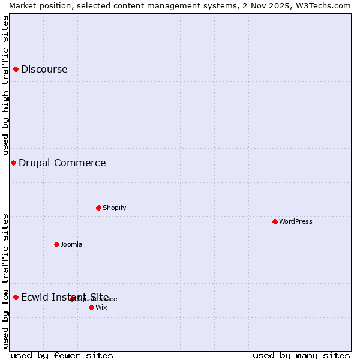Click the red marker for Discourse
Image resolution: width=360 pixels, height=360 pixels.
(x=16, y=70)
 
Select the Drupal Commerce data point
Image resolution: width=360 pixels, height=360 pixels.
(x=13, y=163)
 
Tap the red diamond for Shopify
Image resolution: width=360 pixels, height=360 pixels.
(x=98, y=208)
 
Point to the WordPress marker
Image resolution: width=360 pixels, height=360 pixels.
(x=275, y=222)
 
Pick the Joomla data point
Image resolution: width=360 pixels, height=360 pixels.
(x=57, y=245)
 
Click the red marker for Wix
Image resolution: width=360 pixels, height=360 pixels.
(x=91, y=308)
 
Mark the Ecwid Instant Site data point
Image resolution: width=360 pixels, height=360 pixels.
(x=16, y=298)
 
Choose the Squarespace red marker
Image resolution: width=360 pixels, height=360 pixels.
(x=72, y=299)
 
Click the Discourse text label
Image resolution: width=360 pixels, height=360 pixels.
(x=44, y=70)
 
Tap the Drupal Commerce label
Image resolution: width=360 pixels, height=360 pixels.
(x=62, y=163)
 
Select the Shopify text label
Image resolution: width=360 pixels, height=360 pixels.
(x=115, y=208)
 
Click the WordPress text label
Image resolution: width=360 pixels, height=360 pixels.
(x=296, y=222)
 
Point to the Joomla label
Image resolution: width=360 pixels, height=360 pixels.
(x=71, y=245)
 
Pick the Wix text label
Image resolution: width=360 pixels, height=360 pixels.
(x=101, y=308)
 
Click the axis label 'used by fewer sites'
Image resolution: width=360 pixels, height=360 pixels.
(x=62, y=356)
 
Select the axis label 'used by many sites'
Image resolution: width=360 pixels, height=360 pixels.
(x=301, y=356)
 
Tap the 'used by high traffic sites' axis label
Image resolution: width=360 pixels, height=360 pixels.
(x=5, y=85)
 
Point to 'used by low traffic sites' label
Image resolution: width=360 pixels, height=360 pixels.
(x=5, y=281)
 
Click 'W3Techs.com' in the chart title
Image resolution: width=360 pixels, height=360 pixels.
(x=322, y=5)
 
